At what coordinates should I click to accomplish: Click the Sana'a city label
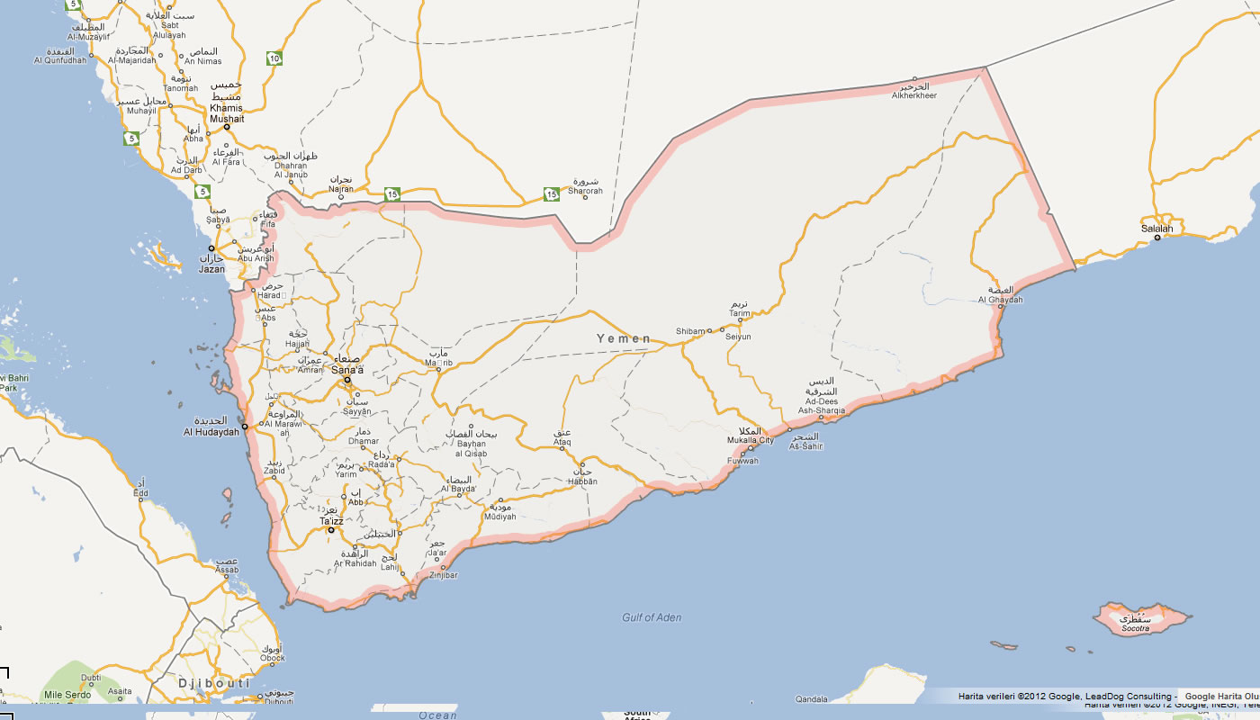[347, 370]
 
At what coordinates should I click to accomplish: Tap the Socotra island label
[1136, 628]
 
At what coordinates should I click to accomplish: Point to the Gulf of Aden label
[652, 617]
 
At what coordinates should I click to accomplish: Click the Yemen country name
[624, 338]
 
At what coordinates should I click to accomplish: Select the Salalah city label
[1157, 229]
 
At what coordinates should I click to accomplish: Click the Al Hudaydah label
[211, 432]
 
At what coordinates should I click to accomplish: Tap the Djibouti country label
[213, 683]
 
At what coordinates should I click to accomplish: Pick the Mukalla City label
[751, 440]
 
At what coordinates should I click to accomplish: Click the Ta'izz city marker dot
[331, 530]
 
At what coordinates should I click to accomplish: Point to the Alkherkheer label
[914, 95]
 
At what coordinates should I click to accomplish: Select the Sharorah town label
[585, 191]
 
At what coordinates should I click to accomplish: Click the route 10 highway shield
[274, 59]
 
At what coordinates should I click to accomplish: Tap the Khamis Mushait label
[227, 113]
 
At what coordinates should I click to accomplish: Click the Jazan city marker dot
[212, 248]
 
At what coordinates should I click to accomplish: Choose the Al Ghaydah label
[1000, 301]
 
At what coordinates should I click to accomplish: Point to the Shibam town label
[690, 331]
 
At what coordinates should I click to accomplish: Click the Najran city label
[341, 190]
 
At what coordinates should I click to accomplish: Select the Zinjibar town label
[444, 574]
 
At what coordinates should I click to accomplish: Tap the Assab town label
[227, 570]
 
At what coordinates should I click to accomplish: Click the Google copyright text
[1067, 696]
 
